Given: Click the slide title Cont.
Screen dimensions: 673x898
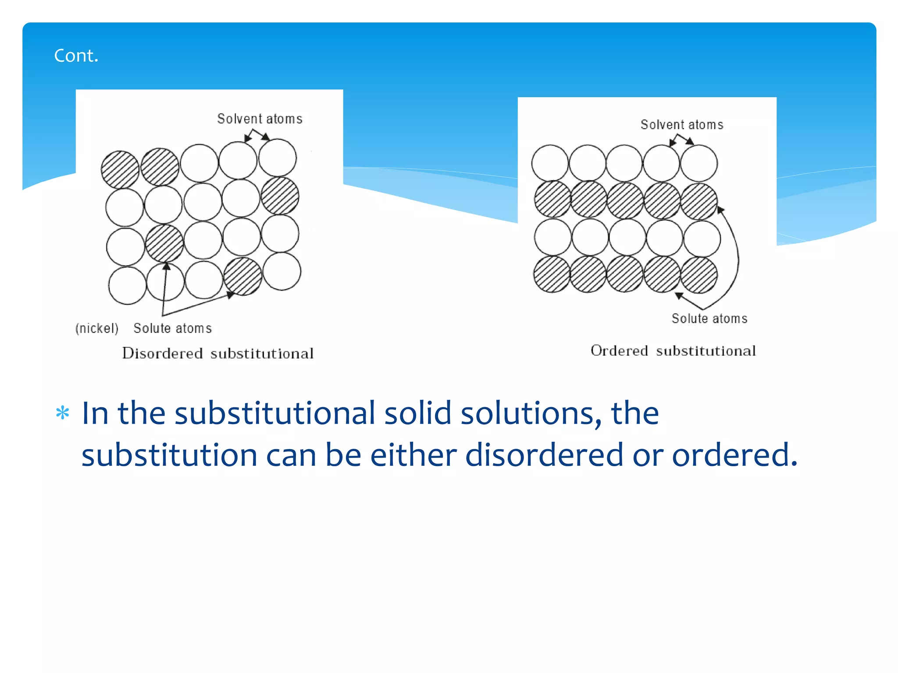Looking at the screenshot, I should [76, 56].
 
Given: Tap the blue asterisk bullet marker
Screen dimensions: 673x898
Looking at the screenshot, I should [63, 413].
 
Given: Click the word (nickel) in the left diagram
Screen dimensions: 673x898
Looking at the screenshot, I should [97, 328].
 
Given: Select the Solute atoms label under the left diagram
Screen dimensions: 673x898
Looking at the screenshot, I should [172, 328].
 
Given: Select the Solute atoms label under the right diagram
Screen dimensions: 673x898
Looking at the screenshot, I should [709, 319].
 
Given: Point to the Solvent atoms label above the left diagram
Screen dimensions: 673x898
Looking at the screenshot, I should [260, 119].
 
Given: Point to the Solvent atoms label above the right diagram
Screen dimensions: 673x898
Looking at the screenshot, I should [682, 125].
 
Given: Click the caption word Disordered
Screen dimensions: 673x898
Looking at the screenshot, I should [162, 353].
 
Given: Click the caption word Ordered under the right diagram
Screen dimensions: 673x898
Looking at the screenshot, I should [619, 351].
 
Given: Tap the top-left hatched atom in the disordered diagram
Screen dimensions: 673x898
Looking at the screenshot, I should [120, 170].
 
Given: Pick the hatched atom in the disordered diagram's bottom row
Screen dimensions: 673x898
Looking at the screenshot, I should [242, 276].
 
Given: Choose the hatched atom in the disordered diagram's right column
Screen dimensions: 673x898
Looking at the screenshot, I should [280, 196].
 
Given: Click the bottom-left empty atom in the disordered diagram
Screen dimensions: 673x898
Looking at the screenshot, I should [127, 286].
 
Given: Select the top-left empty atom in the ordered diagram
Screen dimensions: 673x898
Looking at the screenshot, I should [550, 163].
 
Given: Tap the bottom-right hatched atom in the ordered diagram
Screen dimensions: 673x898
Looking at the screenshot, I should [699, 275].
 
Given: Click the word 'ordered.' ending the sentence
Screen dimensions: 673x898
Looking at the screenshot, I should [734, 455].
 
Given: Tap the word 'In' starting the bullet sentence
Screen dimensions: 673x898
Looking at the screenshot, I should [95, 413].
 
